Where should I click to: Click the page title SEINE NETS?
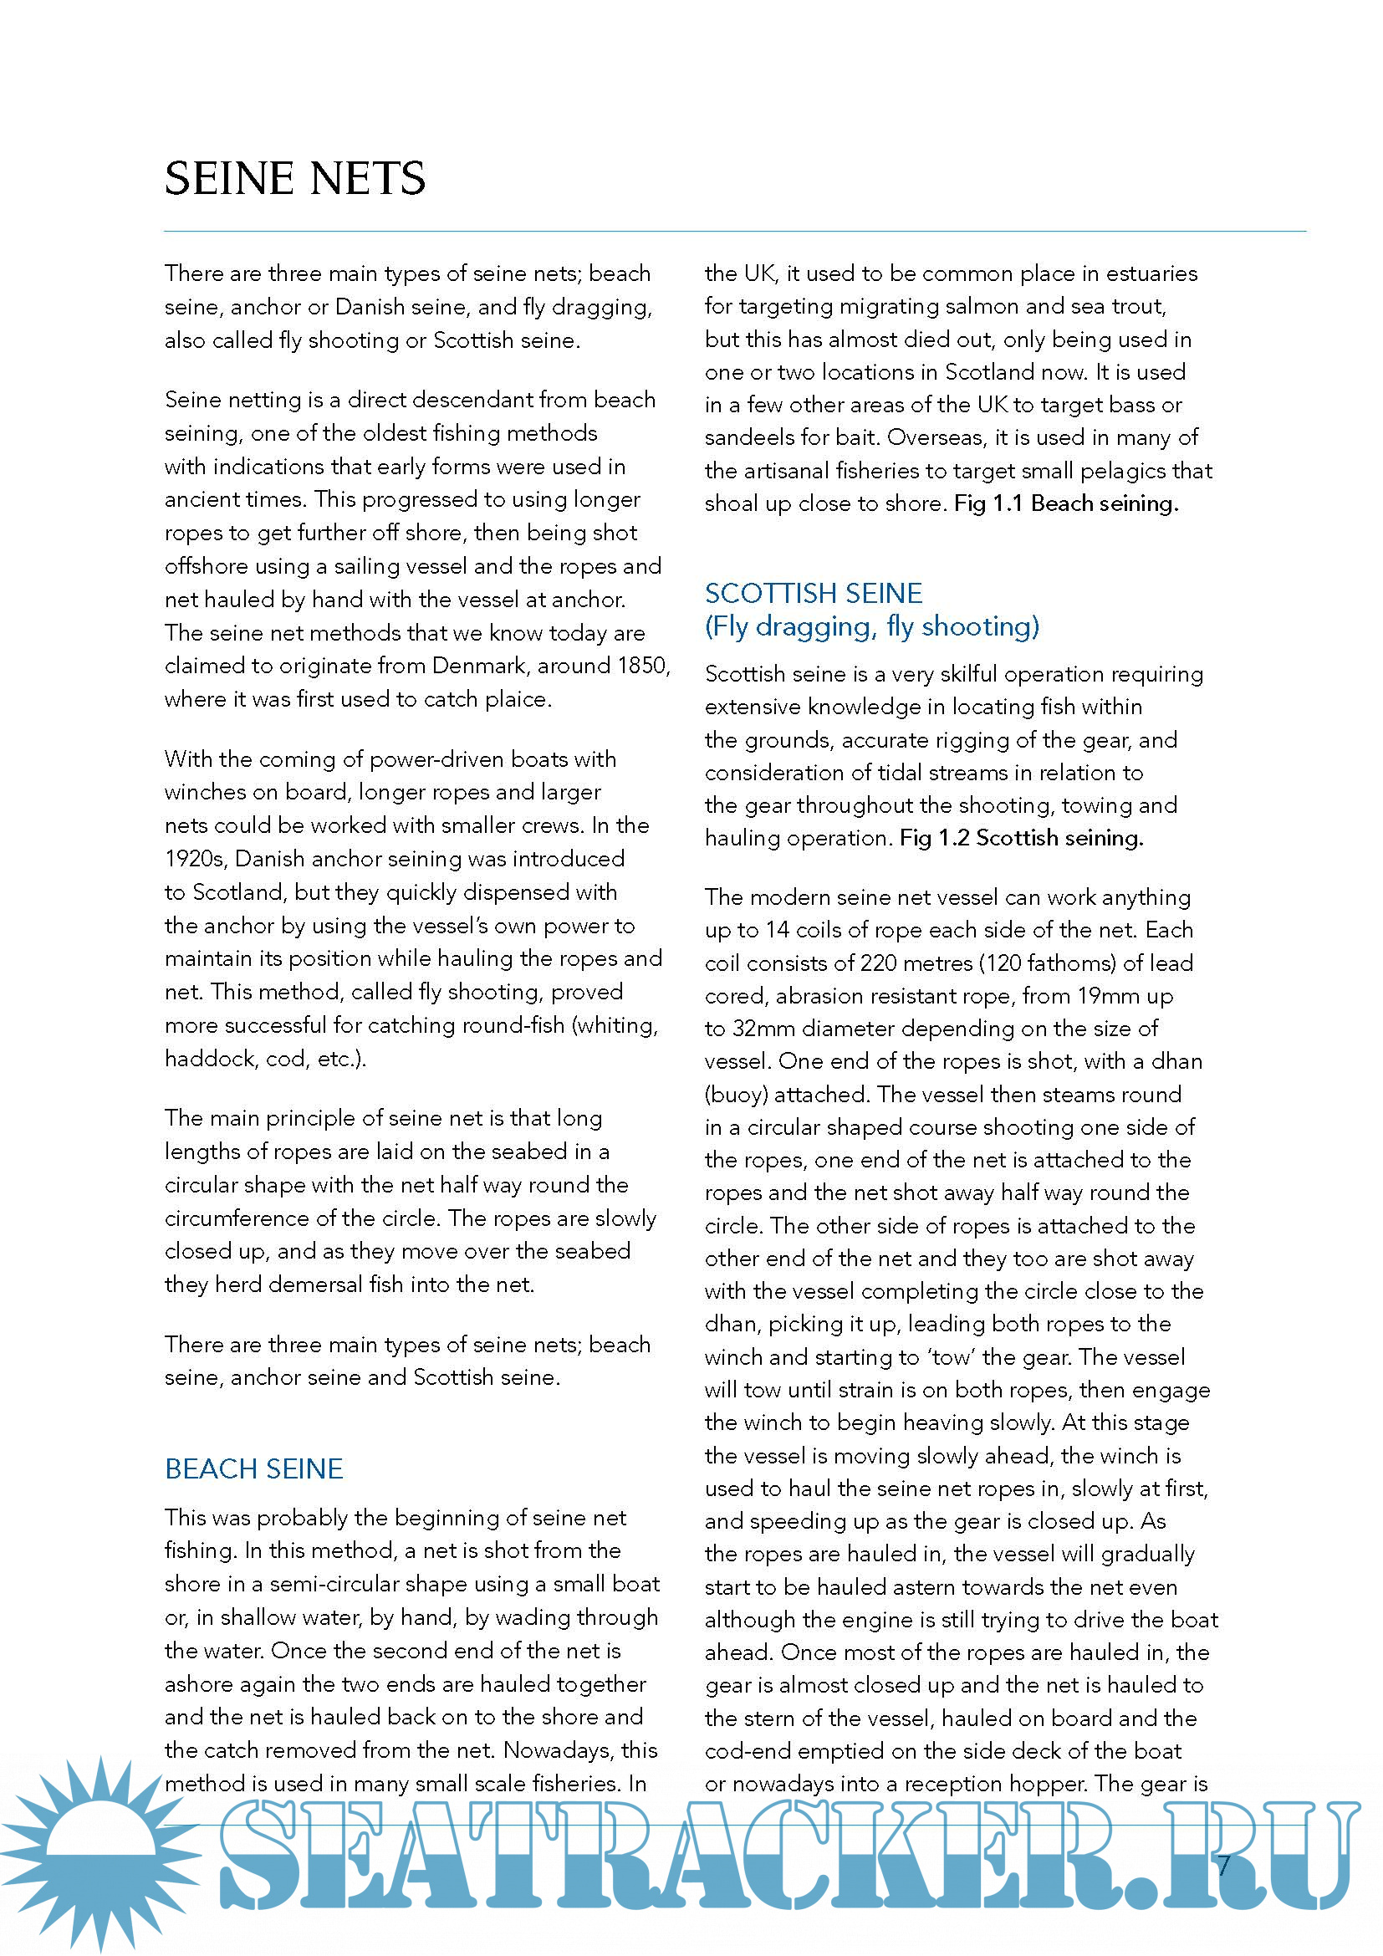294,179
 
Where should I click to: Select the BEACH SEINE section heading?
254,1468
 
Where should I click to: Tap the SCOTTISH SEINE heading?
814,593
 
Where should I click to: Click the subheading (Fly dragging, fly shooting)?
872,627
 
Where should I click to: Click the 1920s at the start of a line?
196,859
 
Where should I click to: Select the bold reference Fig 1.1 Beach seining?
1066,503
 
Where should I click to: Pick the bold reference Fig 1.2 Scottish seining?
1021,838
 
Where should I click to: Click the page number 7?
1224,1867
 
